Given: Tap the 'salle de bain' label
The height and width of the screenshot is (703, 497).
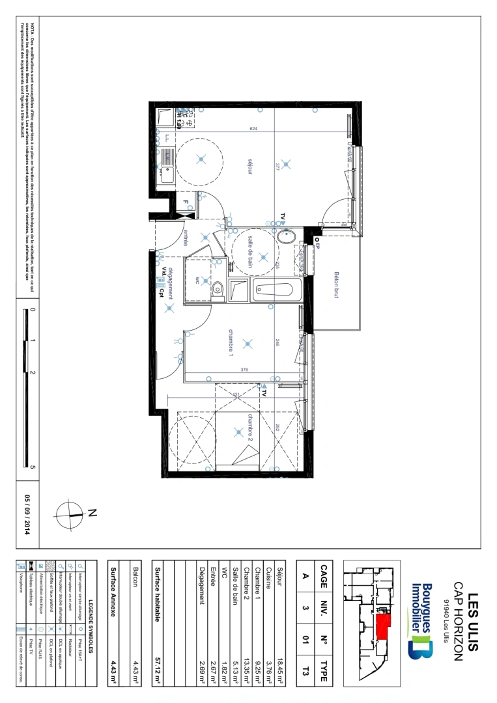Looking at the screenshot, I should point(249,252).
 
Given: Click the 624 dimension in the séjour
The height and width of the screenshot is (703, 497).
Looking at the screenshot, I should point(253,129).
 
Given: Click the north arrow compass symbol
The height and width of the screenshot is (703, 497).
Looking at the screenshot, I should point(71,513).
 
